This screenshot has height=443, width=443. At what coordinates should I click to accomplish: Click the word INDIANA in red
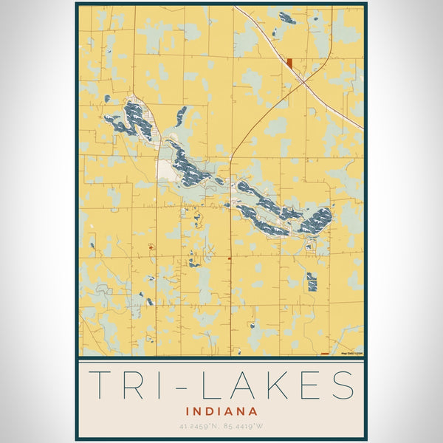point(221,411)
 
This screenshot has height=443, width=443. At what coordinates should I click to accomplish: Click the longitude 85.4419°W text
point(247,426)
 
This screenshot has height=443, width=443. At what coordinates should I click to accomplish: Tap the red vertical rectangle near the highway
point(290,63)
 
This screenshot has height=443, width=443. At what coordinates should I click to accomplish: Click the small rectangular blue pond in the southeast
point(312,281)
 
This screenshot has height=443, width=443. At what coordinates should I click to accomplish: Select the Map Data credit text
point(351,353)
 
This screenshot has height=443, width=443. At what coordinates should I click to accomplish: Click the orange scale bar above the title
point(325,353)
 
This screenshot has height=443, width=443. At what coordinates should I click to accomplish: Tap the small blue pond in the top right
point(287,18)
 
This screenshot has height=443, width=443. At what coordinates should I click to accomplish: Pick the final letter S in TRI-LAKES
point(341,385)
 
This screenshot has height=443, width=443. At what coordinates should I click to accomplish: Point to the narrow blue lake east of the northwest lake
point(181,116)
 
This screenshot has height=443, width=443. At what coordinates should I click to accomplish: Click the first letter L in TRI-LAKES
point(213,385)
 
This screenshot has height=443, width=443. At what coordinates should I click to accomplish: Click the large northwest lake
point(134,120)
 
